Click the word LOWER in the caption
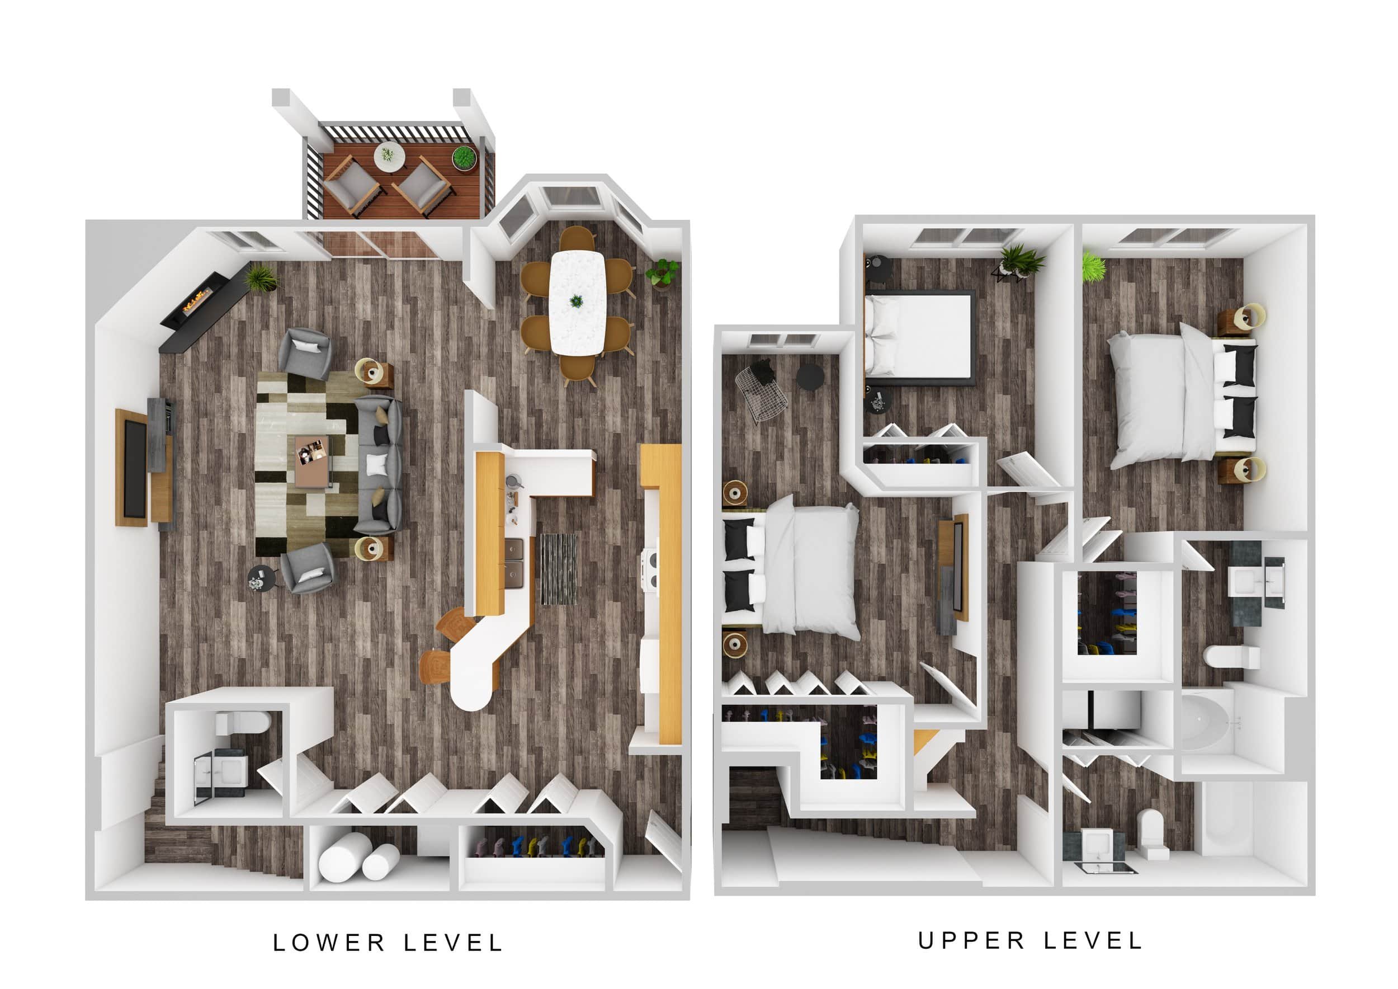329,943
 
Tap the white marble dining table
577,302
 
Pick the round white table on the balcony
389,156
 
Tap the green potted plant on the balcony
464,158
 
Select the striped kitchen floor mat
558,569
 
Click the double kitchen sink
514,563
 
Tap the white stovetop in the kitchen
649,569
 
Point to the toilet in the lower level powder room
244,723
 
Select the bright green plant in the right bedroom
1094,267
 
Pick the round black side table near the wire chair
810,377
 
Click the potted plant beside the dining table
663,273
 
